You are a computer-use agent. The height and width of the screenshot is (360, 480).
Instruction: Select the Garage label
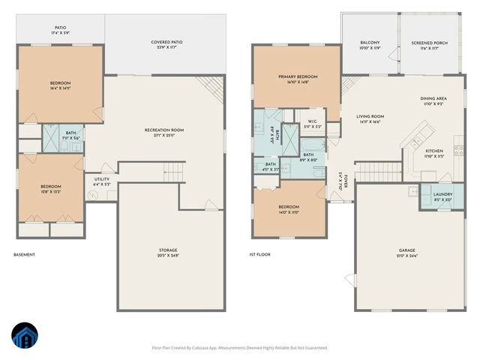[406, 253]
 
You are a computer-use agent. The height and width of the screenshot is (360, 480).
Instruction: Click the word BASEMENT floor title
[24, 254]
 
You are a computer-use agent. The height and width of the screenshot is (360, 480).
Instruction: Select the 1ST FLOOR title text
[259, 254]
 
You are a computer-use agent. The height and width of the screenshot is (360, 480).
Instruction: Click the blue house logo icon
[23, 336]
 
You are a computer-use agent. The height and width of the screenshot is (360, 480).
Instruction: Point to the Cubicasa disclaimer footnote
[239, 348]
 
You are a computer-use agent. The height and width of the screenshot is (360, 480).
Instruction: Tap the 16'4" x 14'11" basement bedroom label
[60, 85]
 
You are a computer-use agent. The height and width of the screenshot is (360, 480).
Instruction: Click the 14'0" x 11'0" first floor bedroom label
[289, 209]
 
